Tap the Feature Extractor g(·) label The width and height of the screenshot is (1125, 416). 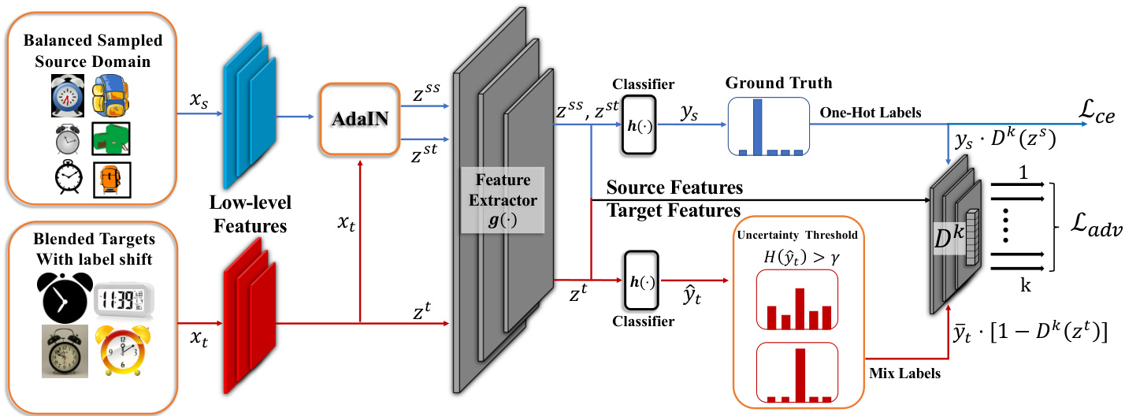[501, 201]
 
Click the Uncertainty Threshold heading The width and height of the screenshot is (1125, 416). [796, 236]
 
